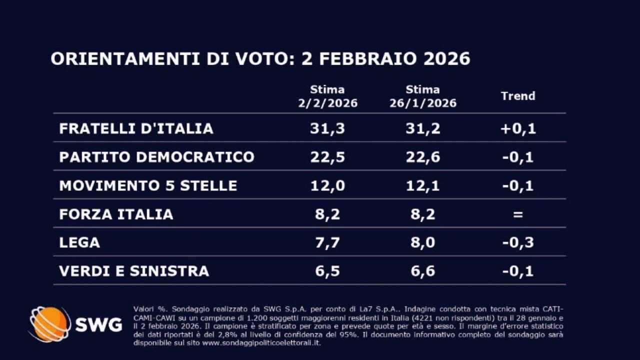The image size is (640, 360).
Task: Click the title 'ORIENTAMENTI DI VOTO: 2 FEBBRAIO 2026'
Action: [x=260, y=59]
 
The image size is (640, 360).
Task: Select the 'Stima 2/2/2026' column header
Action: [x=327, y=96]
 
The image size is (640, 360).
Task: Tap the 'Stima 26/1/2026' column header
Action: [x=422, y=96]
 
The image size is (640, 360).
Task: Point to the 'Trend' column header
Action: [x=518, y=96]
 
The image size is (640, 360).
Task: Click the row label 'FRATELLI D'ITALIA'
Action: [x=136, y=128]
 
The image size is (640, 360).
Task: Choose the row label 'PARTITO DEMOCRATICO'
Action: [x=156, y=157]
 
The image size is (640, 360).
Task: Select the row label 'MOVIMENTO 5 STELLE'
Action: [x=148, y=185]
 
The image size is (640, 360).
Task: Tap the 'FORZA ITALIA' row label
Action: [x=116, y=214]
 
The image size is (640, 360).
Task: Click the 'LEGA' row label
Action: [x=79, y=243]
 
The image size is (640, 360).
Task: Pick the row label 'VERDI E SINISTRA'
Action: [x=134, y=271]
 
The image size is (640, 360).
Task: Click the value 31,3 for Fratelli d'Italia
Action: [x=327, y=128]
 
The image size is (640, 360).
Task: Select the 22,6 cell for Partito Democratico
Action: [x=422, y=157]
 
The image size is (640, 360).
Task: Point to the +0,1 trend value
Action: [x=518, y=128]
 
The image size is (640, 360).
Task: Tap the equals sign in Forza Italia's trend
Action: [x=518, y=214]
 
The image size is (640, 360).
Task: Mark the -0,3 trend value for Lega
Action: [x=518, y=243]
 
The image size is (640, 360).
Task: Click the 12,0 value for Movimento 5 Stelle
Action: [x=327, y=185]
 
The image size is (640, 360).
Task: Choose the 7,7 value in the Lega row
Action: [x=327, y=243]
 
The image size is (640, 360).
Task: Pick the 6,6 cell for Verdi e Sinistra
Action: [x=422, y=271]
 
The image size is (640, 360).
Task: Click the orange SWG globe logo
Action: [x=49, y=324]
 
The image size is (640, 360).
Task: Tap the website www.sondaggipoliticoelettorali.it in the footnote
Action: [x=261, y=343]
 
